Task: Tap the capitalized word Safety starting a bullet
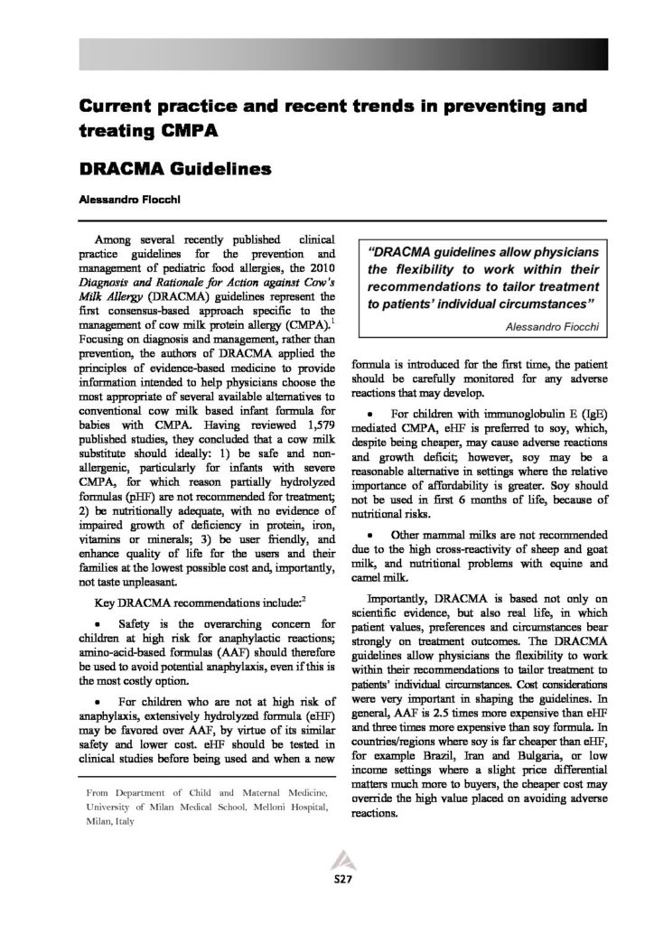pyautogui.click(x=141, y=625)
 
